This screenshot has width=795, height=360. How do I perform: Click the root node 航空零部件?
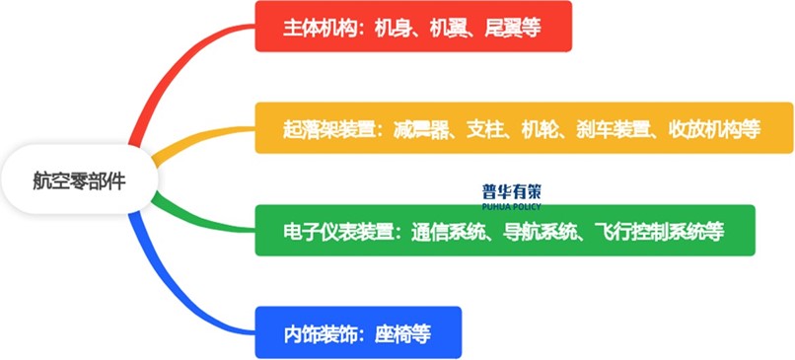tap(79, 181)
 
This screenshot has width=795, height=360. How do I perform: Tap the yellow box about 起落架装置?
tap(523, 127)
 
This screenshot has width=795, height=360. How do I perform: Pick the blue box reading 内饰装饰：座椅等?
tap(357, 333)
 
